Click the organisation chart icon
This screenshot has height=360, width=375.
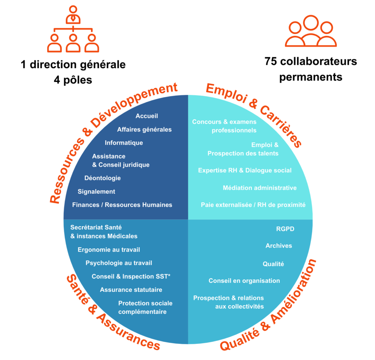click(73, 29)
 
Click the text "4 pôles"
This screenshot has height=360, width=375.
click(73, 79)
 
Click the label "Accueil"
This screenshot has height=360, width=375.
click(146, 116)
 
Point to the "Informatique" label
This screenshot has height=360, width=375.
click(124, 143)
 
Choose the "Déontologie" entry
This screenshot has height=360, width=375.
click(102, 178)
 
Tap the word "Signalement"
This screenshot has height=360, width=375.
click(96, 192)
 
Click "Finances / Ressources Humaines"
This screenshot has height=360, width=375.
click(122, 205)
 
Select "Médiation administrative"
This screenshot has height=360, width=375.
click(260, 188)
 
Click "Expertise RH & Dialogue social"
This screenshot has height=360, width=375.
click(245, 170)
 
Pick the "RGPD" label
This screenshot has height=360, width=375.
click(285, 229)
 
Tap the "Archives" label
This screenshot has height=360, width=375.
click(279, 246)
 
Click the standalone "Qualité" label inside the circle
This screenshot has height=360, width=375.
click(273, 264)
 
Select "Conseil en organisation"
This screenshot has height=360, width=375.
click(244, 281)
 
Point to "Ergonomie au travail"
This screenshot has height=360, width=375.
click(109, 250)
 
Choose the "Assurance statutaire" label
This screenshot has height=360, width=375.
click(131, 290)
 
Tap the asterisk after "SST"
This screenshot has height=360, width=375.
click(169, 275)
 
